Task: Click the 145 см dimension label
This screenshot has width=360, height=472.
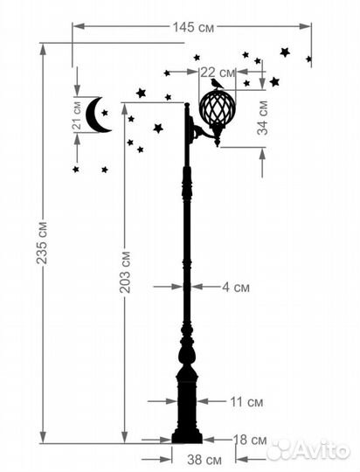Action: click(194, 27)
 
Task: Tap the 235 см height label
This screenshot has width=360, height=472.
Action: click(42, 243)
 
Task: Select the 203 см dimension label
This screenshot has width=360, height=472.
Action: click(125, 272)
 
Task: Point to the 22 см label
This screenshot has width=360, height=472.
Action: click(218, 73)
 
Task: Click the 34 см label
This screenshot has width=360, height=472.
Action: click(262, 118)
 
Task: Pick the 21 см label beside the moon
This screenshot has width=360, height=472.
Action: click(77, 115)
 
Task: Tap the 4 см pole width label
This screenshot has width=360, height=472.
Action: click(236, 288)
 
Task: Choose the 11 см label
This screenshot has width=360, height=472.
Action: click(246, 402)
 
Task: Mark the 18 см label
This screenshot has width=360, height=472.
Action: click(250, 440)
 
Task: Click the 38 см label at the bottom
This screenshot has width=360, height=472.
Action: click(204, 460)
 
